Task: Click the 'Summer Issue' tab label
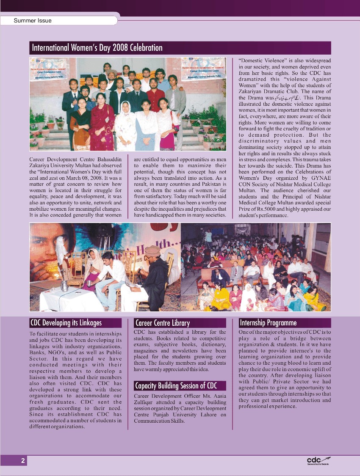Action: [x=33, y=20]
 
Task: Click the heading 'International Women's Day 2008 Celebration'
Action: [x=97, y=48]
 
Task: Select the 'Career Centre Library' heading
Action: [x=162, y=323]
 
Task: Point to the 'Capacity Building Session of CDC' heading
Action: [x=176, y=385]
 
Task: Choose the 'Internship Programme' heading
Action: [x=268, y=323]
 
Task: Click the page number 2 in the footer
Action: [x=23, y=461]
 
